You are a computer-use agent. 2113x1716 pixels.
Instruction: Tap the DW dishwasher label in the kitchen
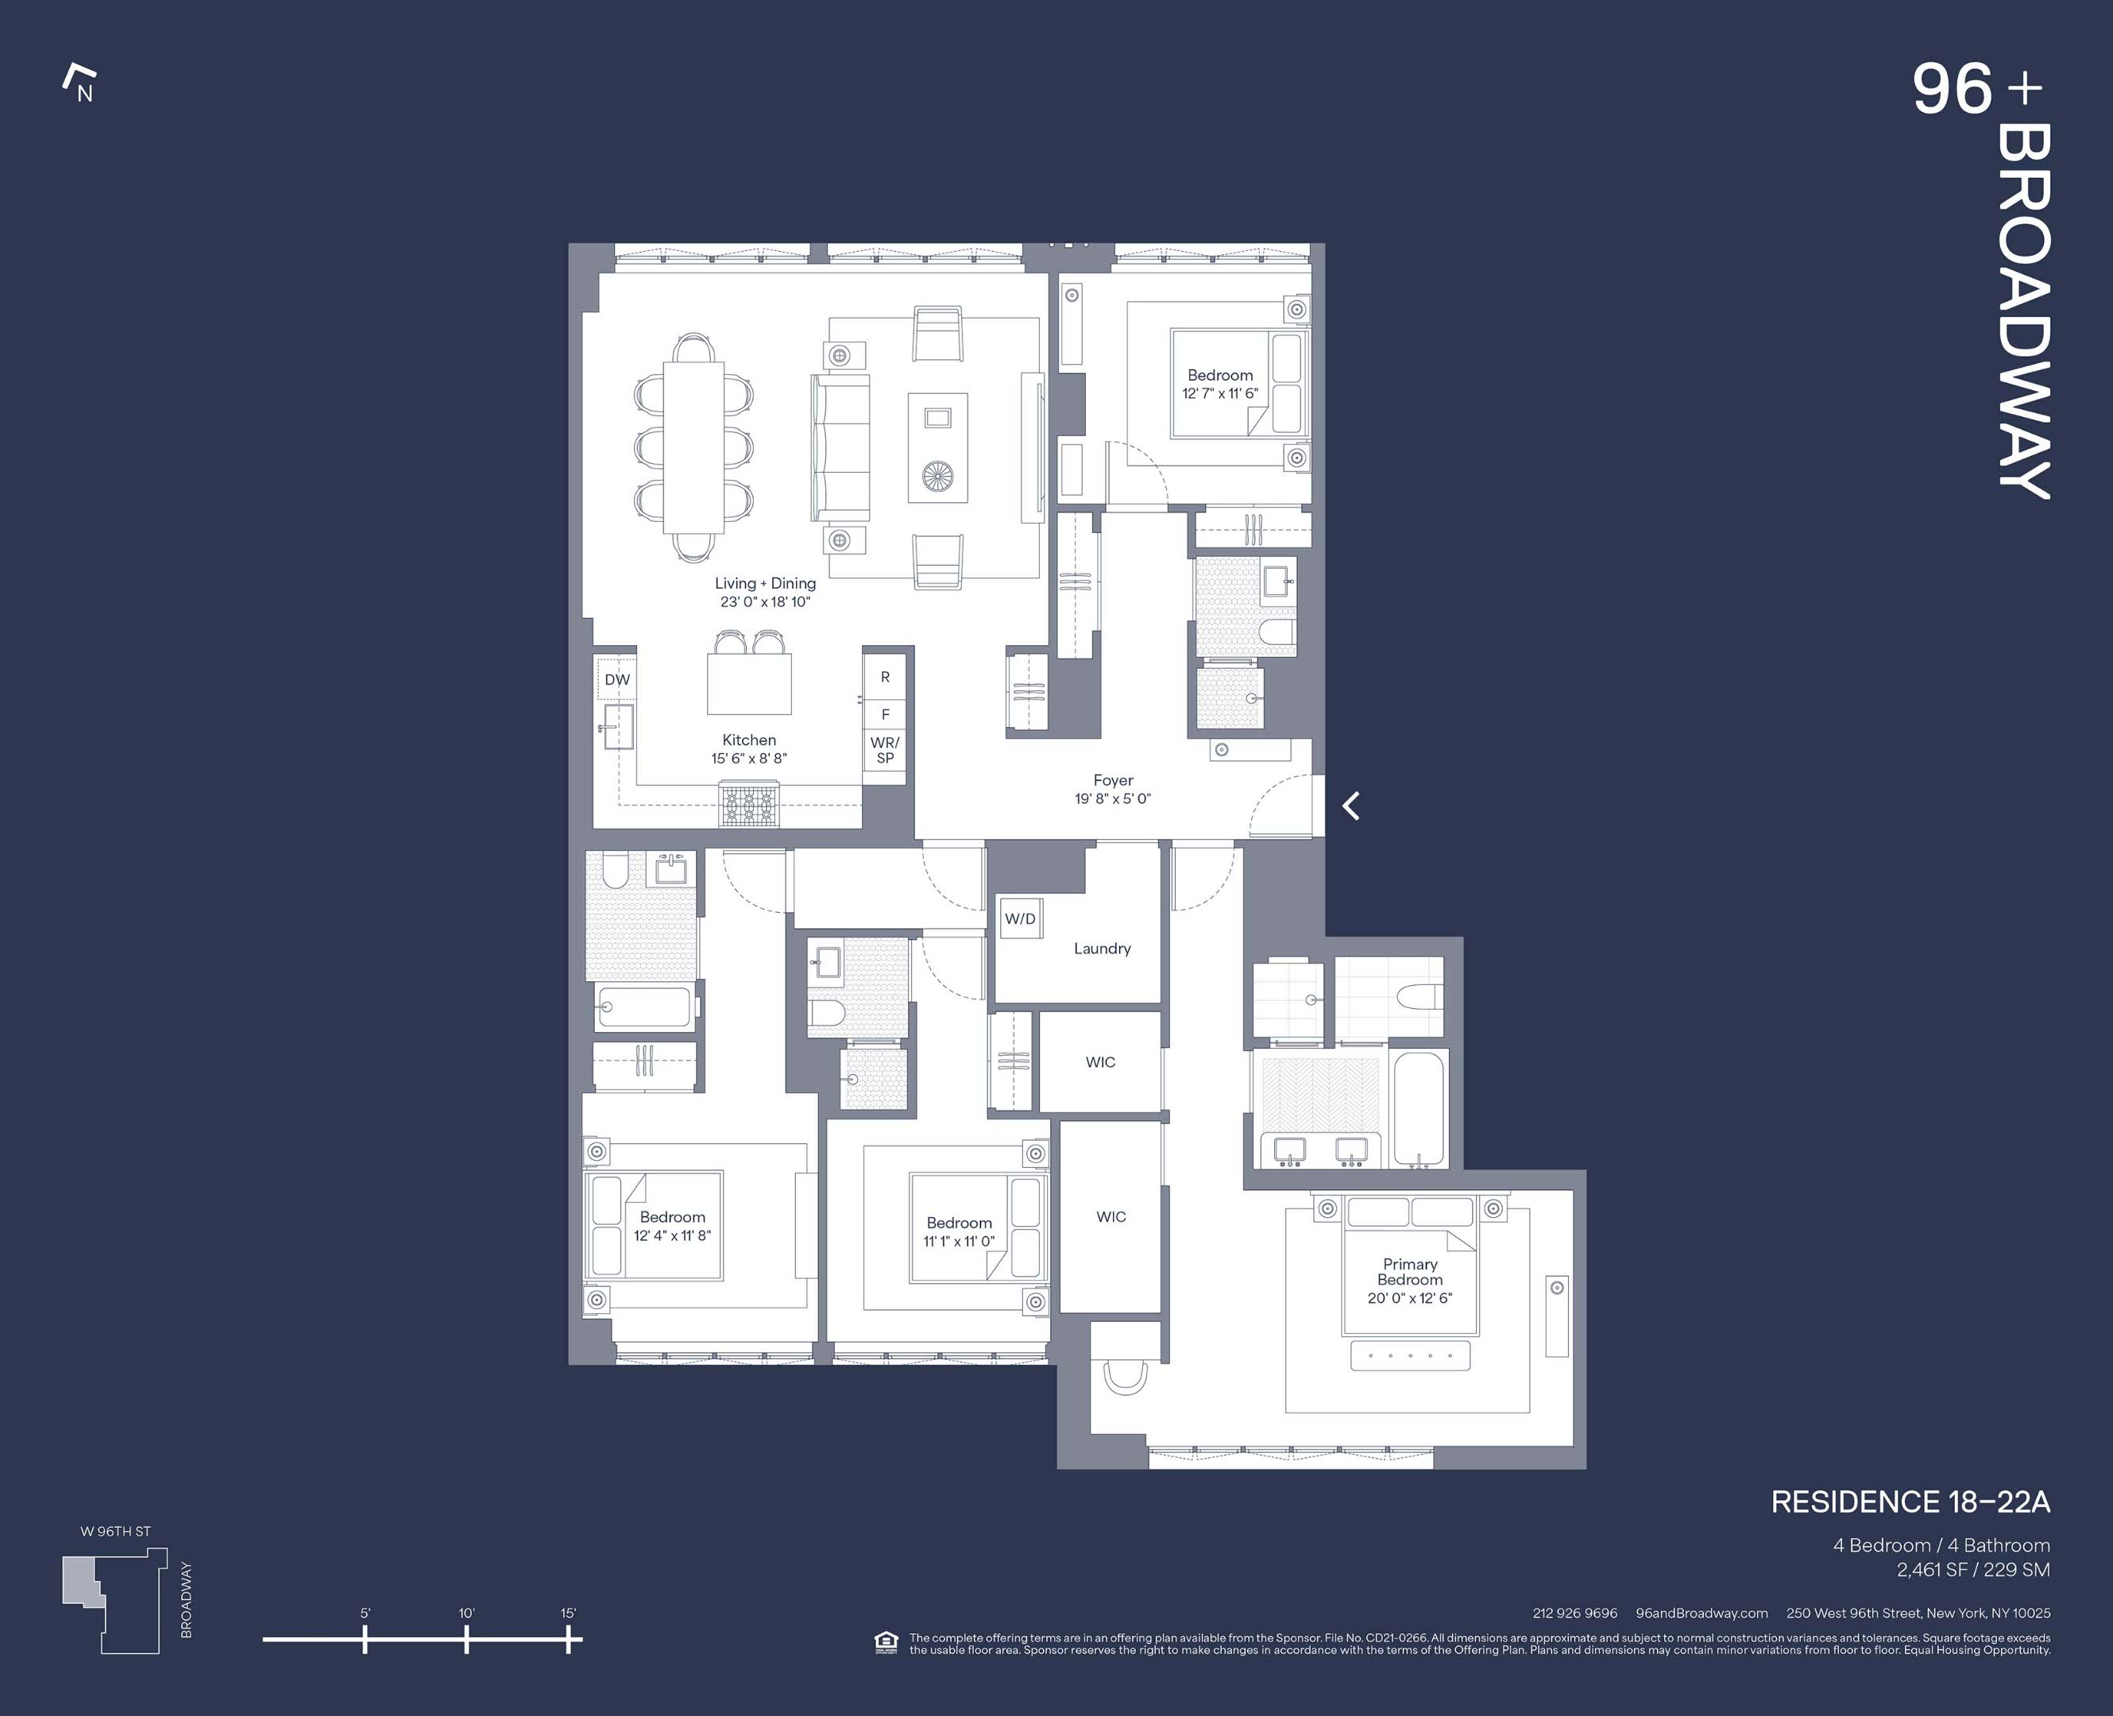616,679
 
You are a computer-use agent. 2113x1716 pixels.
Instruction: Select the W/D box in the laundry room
1020,918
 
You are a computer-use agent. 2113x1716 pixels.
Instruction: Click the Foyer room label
1113,780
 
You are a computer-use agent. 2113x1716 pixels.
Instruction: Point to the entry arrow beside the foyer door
1351,806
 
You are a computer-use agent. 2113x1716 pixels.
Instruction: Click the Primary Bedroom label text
1409,1271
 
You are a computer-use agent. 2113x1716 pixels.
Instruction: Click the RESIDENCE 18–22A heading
1910,1502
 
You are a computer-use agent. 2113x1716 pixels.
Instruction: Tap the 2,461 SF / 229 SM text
1972,1570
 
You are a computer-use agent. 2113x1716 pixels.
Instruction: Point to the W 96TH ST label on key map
116,1531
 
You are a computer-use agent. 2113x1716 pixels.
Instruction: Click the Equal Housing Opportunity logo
886,1643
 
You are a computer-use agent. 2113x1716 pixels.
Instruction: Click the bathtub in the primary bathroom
1418,1109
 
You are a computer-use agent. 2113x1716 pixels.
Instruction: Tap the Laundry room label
1102,948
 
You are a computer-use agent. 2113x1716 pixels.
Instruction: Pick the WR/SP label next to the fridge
885,750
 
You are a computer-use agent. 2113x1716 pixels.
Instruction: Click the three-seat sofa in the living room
841,448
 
